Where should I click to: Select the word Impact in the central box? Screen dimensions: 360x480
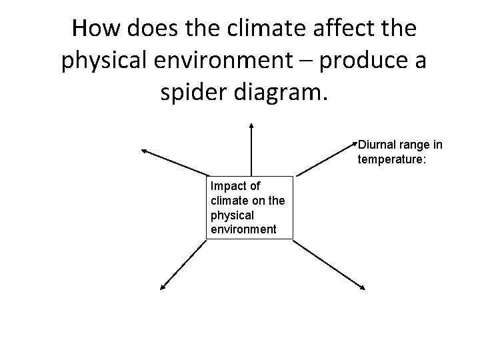point(226,186)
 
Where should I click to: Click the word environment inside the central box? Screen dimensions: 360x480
point(243,229)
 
